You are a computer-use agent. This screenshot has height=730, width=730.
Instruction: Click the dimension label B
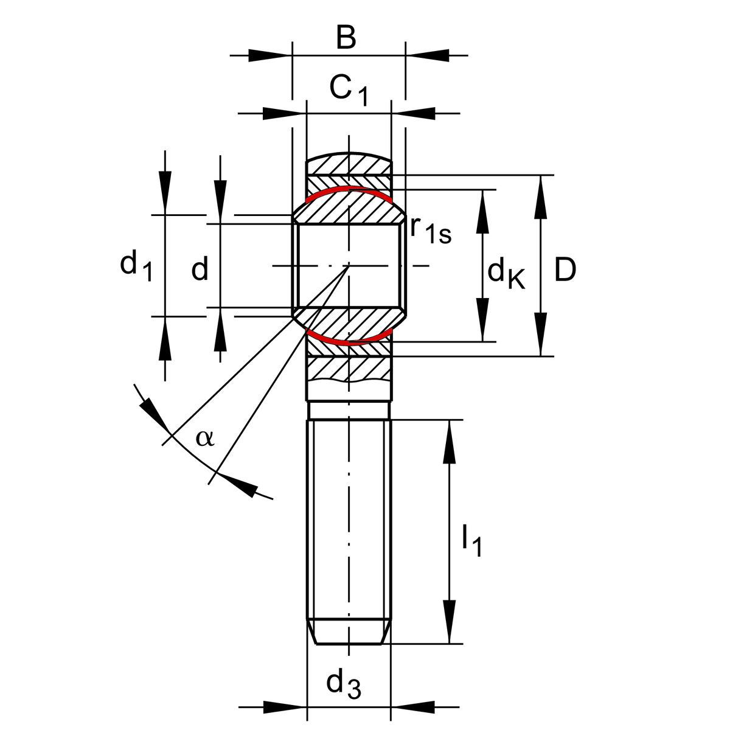346,38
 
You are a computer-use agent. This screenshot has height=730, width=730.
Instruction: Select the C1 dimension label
349,90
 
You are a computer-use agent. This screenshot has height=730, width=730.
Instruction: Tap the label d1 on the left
136,266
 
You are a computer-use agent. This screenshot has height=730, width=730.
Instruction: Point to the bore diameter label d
200,268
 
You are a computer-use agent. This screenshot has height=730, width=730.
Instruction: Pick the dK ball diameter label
506,273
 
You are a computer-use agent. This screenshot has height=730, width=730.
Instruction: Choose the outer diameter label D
565,269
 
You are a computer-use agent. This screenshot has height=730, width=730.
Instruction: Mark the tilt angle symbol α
205,437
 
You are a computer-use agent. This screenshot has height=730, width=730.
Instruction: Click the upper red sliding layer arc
348,189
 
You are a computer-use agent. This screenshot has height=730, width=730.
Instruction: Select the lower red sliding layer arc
348,342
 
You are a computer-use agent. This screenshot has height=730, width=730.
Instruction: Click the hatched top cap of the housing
348,164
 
